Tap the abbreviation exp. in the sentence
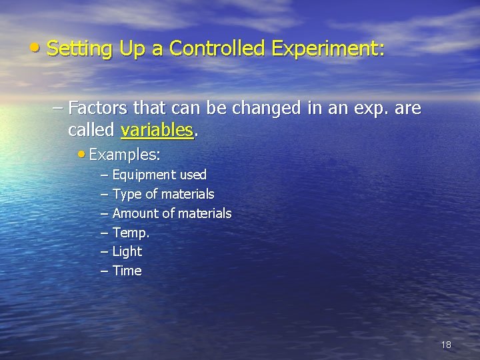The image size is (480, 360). [366, 109]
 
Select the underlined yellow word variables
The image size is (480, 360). [157, 129]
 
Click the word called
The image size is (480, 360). [92, 129]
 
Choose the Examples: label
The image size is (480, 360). [124, 155]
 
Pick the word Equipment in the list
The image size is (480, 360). [143, 175]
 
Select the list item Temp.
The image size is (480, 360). [131, 233]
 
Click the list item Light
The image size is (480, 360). [127, 251]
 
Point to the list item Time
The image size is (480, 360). [127, 271]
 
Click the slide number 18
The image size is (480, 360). [446, 345]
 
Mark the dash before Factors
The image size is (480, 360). [58, 107]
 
